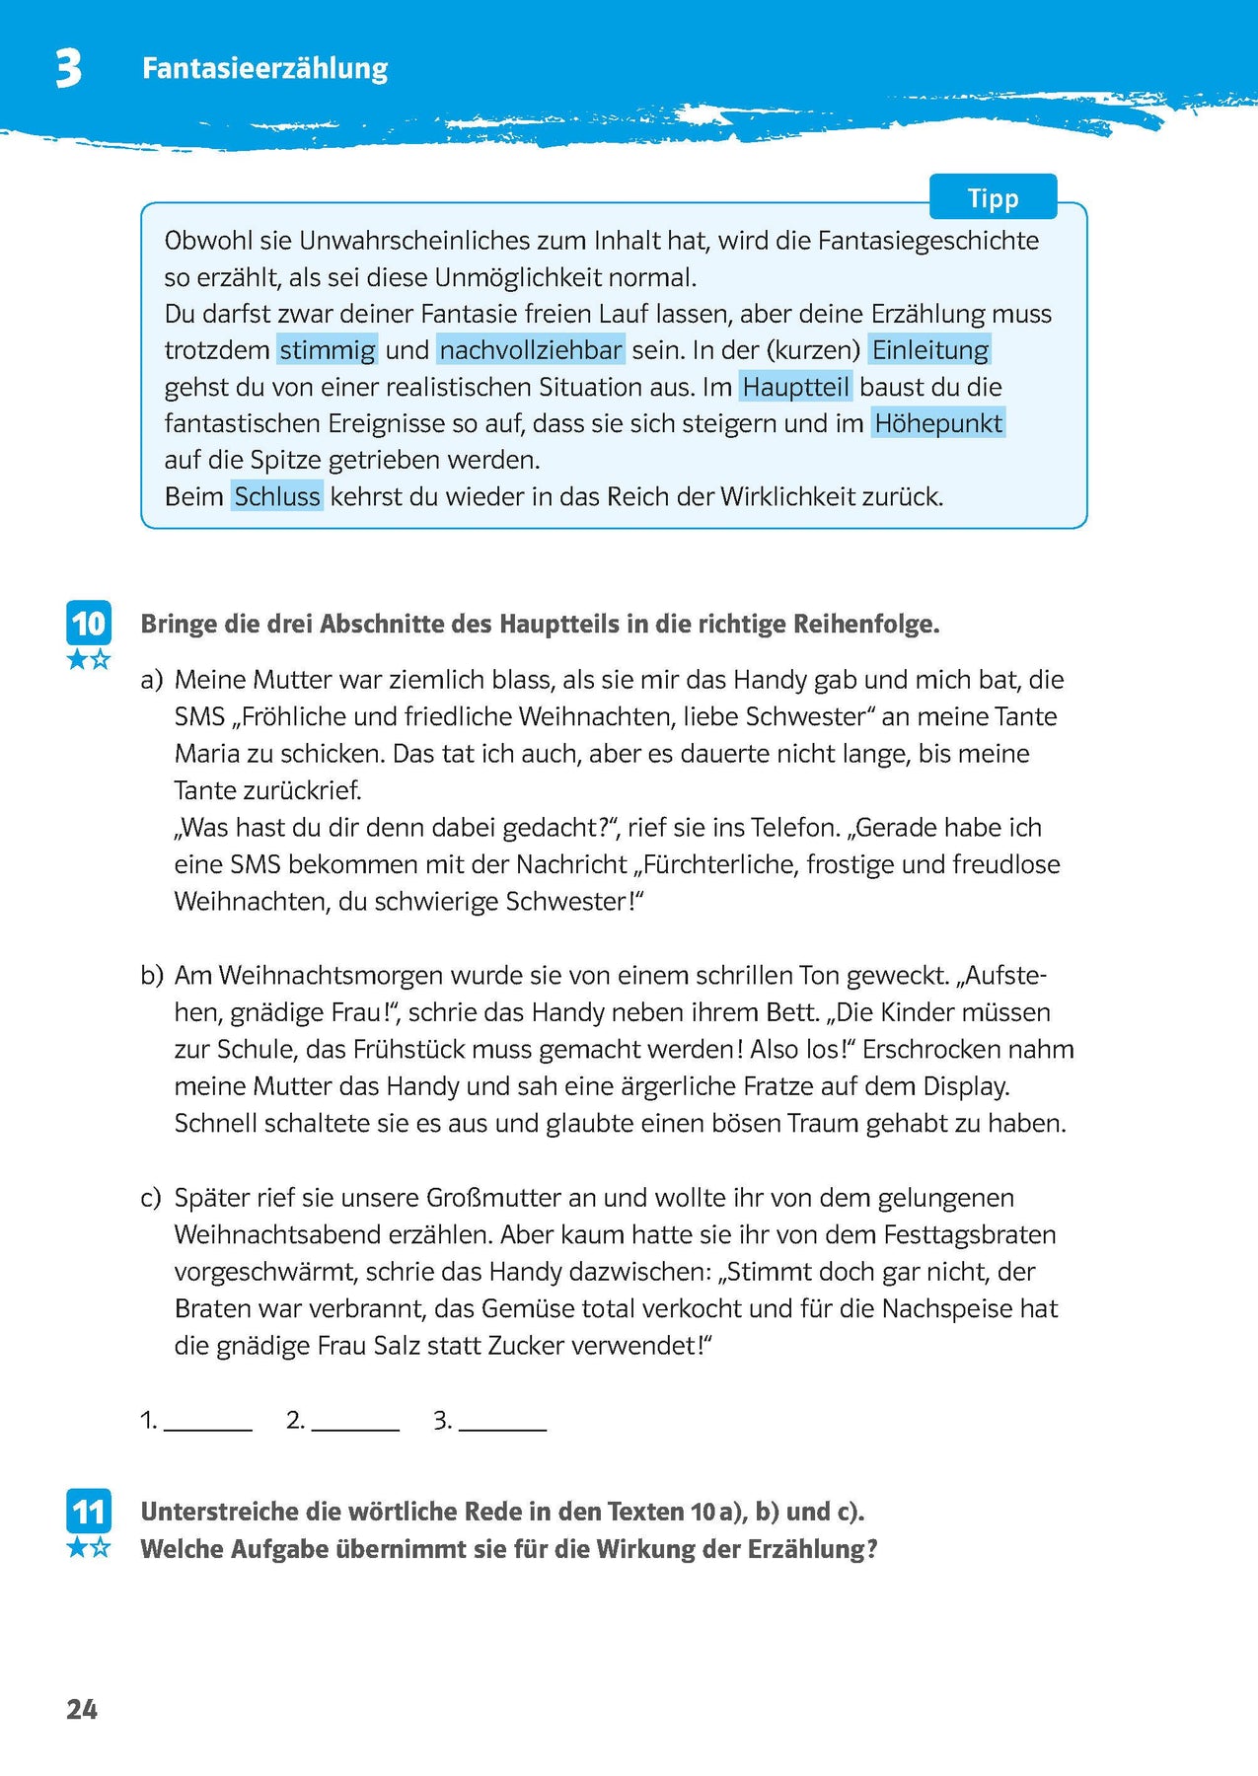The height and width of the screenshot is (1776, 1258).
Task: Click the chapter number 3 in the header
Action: point(68,69)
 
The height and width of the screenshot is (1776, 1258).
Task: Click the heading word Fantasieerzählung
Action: point(264,68)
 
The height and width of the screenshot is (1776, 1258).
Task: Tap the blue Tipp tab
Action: point(993,197)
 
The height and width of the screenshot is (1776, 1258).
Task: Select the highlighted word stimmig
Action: point(328,350)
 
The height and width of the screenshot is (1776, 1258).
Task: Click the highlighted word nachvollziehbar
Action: point(531,350)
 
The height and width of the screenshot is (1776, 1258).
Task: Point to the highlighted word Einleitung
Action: point(930,350)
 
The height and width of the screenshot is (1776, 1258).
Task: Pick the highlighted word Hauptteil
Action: point(795,387)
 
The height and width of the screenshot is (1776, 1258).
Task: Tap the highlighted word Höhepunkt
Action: point(938,423)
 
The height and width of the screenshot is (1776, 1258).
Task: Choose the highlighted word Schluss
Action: point(277,496)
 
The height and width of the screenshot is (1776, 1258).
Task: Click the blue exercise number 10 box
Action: point(88,624)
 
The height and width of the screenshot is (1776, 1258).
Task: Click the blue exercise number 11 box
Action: point(88,1512)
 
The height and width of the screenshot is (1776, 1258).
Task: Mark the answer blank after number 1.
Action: point(208,1422)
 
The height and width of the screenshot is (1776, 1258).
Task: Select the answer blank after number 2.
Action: point(355,1422)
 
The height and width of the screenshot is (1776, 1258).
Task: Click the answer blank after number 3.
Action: point(502,1422)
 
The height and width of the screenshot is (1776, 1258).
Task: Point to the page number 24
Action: point(82,1710)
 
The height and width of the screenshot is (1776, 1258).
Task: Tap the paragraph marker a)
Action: point(151,680)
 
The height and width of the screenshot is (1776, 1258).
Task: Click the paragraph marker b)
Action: point(151,976)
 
